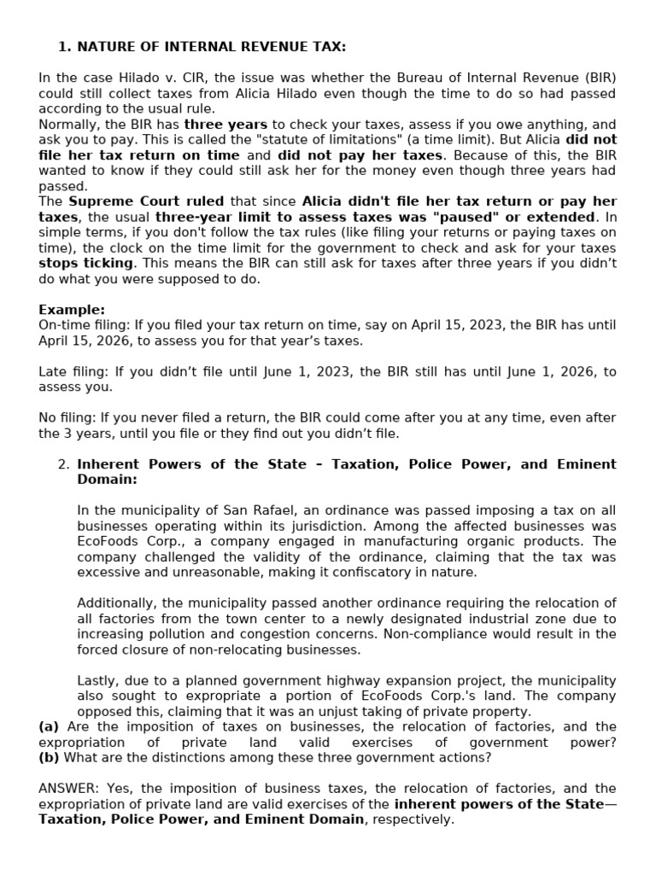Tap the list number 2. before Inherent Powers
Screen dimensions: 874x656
pos(62,464)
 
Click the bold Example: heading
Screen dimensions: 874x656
pos(72,310)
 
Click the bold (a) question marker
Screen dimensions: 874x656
pos(49,727)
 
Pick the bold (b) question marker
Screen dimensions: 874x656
pos(49,758)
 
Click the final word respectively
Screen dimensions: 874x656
pos(412,819)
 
